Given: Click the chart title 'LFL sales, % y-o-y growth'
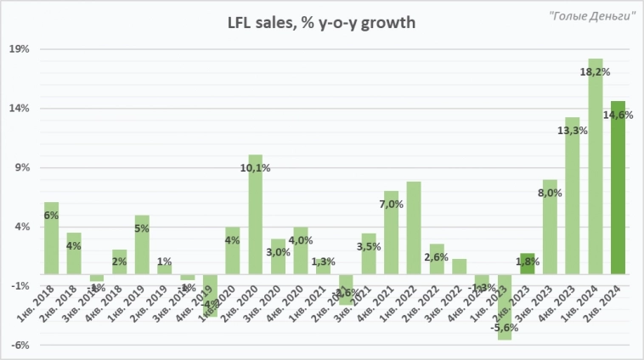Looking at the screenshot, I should click(321, 23).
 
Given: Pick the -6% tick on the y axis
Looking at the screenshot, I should click(20, 346).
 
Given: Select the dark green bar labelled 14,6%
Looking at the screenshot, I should click(618, 187).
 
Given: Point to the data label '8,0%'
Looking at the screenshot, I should click(550, 193).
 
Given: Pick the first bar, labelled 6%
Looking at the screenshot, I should click(51, 238).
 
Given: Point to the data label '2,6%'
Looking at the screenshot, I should click(436, 256).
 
